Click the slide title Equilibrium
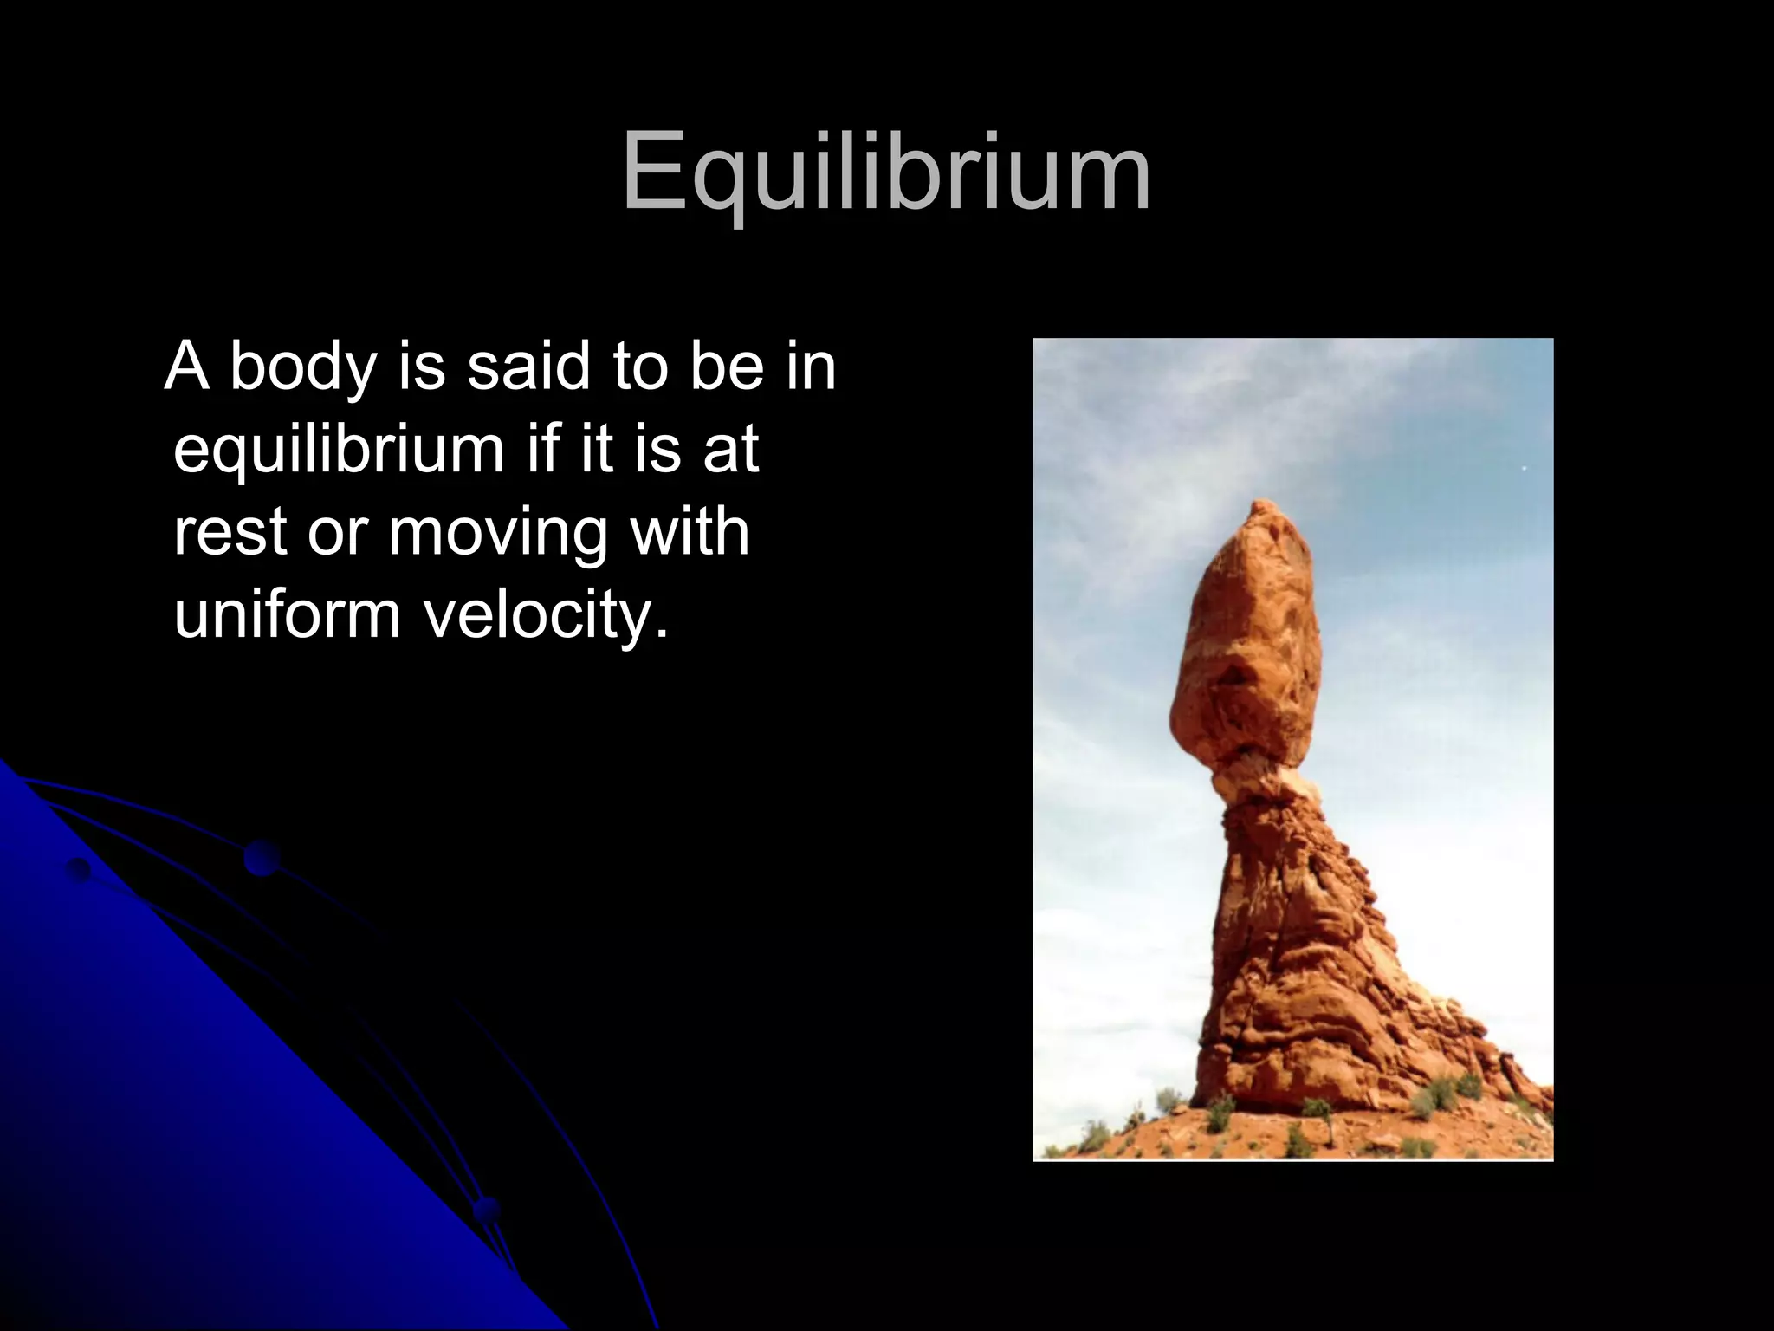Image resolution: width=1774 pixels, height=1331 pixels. pos(886,173)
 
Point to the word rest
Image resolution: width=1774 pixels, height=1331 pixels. pos(230,532)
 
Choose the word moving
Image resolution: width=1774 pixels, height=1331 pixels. pos(497,534)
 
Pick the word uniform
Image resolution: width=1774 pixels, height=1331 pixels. pos(287,614)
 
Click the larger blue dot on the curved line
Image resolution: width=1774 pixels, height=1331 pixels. pos(261,858)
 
